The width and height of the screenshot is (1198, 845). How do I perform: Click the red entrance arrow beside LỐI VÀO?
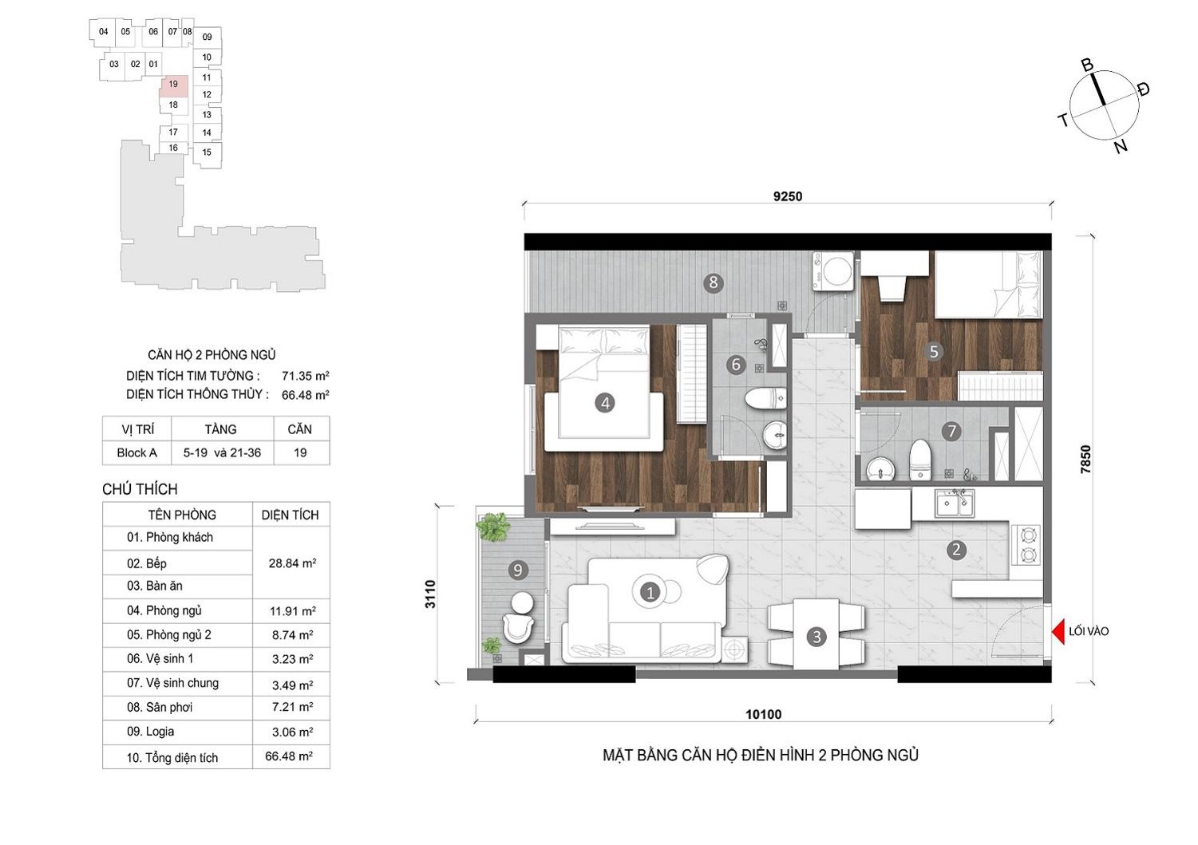[x=1058, y=632]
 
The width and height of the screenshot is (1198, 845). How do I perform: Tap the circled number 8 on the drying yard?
[x=713, y=282]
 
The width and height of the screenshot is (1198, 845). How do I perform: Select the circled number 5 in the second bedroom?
[x=934, y=351]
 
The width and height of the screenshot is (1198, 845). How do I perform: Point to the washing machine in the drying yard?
[x=833, y=271]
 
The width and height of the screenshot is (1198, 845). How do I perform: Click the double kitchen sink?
[x=955, y=503]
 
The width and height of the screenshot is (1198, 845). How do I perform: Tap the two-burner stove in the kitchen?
[x=1026, y=545]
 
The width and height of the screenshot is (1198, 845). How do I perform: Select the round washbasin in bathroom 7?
[x=880, y=470]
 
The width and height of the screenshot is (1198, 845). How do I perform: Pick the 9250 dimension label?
[x=788, y=197]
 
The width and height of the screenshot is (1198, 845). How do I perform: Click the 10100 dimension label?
[x=764, y=714]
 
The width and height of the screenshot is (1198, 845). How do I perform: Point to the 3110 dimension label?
[x=430, y=594]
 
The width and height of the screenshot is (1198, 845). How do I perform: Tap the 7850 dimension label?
[x=1085, y=460]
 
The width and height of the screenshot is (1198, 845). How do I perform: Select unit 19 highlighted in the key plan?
[x=174, y=85]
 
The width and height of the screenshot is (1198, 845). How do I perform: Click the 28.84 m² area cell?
[x=292, y=563]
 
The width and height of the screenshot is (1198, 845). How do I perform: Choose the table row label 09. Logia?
[x=150, y=731]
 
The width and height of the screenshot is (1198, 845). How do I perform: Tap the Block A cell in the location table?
[x=137, y=453]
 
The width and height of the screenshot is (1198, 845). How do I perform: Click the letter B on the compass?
[x=1087, y=65]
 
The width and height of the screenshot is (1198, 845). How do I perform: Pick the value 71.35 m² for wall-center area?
[x=306, y=376]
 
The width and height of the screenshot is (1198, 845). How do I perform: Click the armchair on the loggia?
[x=518, y=629]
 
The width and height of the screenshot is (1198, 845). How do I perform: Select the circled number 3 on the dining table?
[x=816, y=637]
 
